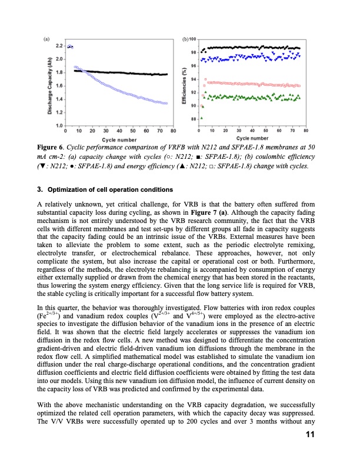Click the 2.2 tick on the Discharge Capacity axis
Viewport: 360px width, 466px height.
[59, 45]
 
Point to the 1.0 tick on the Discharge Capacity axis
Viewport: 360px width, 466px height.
[59, 125]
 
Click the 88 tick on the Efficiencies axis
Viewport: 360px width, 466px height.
[194, 119]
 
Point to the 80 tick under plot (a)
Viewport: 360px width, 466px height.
[174, 131]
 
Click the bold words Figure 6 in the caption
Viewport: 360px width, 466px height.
[50, 145]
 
